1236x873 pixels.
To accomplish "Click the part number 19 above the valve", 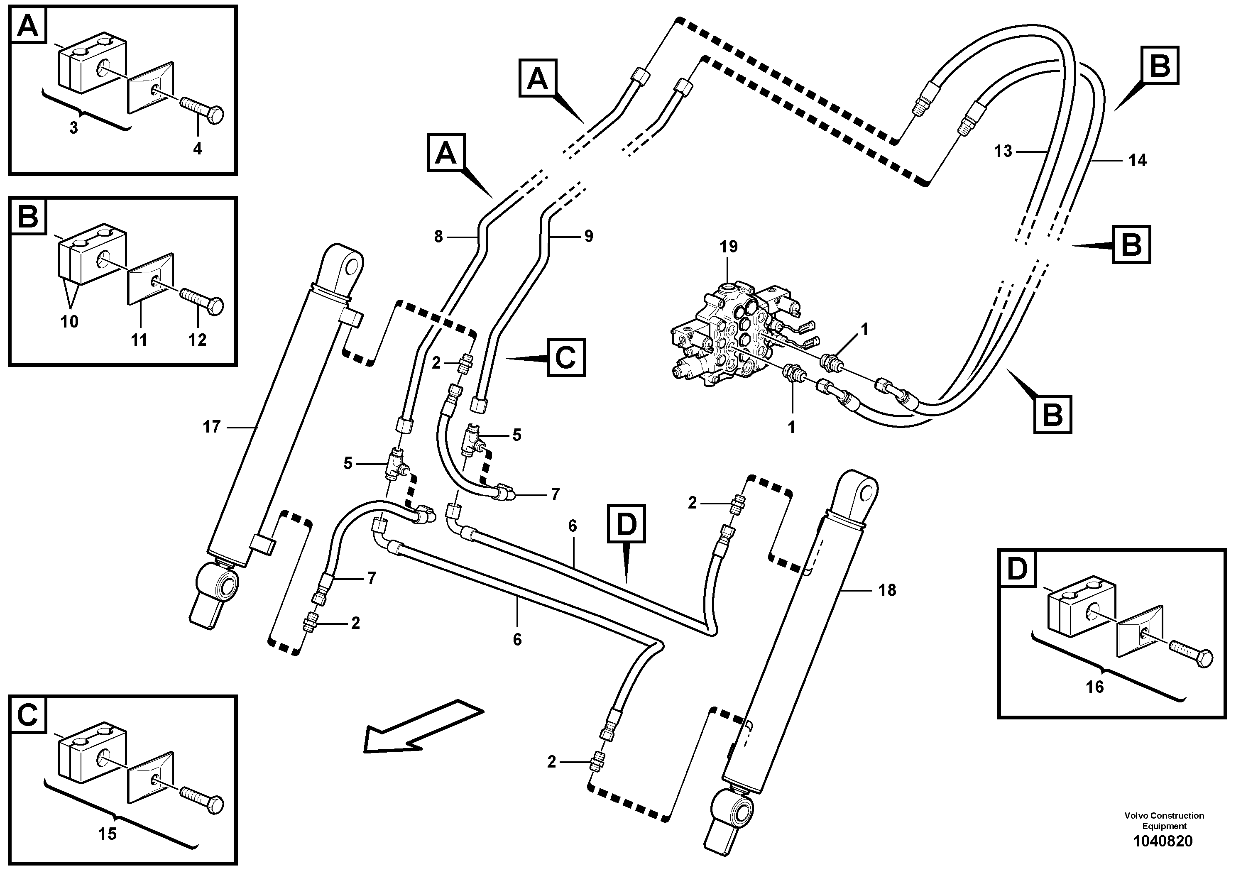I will tap(728, 247).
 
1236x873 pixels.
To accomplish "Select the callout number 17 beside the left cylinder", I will tap(212, 427).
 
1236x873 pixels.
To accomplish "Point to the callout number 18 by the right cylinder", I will tap(887, 590).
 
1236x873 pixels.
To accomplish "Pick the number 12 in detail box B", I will tap(197, 340).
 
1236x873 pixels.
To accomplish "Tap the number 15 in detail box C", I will tap(107, 834).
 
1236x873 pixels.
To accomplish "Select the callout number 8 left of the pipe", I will tap(438, 236).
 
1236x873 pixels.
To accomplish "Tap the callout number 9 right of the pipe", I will tap(588, 236).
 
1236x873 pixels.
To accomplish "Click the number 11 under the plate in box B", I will tap(139, 340).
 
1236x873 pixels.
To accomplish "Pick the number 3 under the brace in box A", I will tap(74, 128).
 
